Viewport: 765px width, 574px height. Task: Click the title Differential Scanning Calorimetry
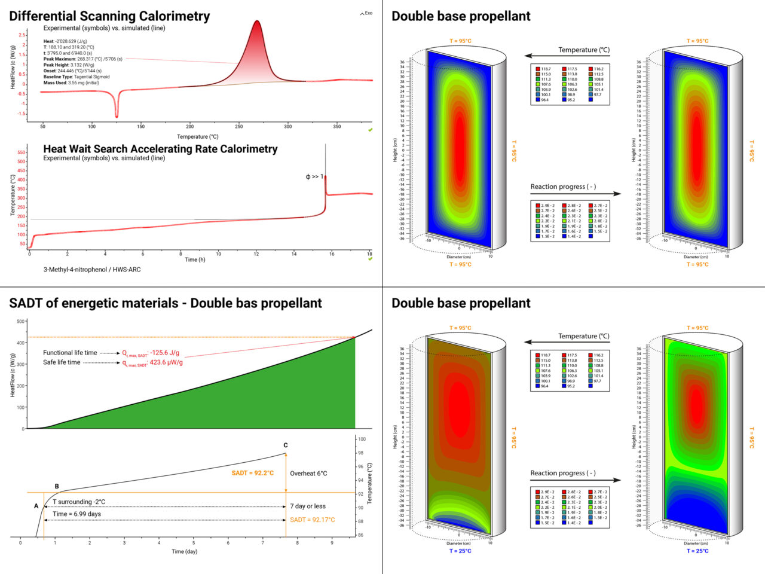point(109,16)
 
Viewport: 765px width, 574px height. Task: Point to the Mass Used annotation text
point(71,83)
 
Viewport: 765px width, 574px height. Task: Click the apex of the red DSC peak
point(257,22)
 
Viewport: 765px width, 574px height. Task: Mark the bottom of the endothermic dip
point(117,116)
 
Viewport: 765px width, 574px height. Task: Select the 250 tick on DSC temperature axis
point(239,126)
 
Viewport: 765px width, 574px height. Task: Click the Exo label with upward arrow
point(366,13)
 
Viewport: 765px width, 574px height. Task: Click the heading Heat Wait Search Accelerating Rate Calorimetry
point(160,149)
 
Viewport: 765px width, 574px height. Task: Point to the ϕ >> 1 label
point(314,176)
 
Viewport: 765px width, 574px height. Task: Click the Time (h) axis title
point(195,259)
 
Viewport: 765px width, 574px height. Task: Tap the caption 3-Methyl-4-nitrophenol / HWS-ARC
point(92,270)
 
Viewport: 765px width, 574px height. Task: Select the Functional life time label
point(70,353)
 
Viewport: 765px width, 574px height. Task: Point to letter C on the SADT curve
point(286,445)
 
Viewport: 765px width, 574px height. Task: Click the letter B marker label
point(57,487)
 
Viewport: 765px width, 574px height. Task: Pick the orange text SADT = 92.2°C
point(252,473)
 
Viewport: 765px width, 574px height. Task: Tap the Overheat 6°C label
point(308,473)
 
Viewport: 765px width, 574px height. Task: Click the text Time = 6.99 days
point(76,514)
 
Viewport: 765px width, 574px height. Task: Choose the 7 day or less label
point(308,506)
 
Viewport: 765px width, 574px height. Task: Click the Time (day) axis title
point(184,551)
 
